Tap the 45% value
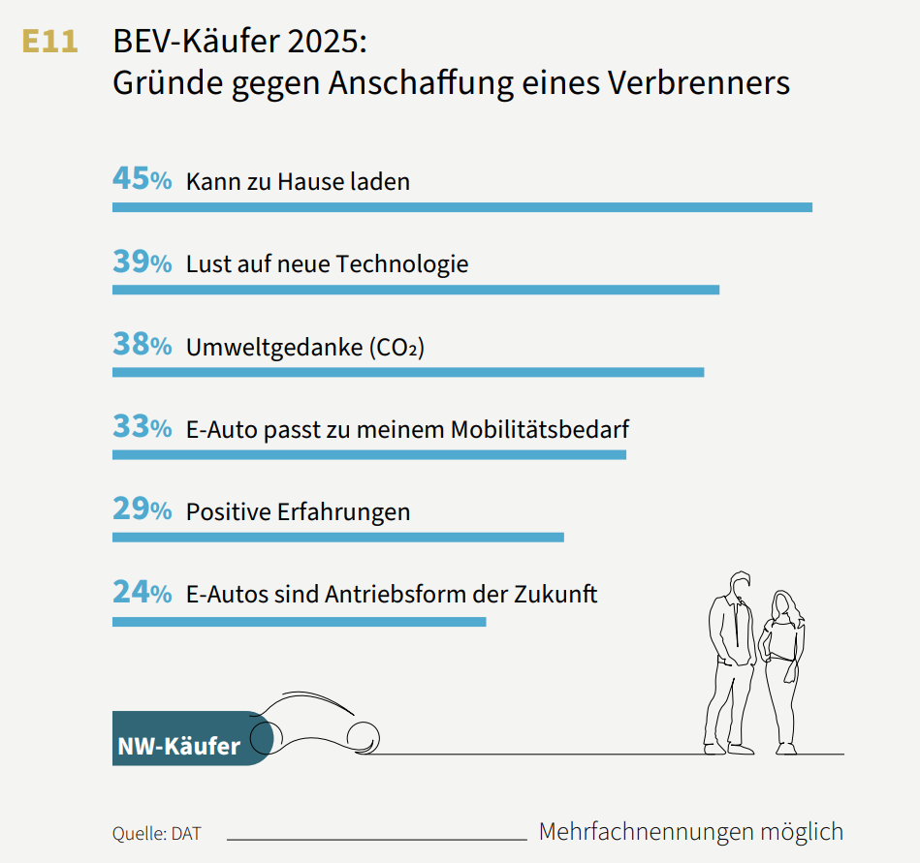(x=142, y=179)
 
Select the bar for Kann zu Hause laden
(x=461, y=207)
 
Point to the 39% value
(x=142, y=262)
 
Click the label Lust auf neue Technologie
(x=327, y=263)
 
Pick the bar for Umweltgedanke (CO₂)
(x=407, y=372)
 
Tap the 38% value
(x=142, y=345)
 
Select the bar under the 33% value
(x=368, y=454)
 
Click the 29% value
(x=142, y=509)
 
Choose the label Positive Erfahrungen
(x=298, y=511)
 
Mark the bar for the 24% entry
(x=299, y=620)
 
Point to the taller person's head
(x=741, y=584)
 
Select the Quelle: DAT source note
(x=156, y=833)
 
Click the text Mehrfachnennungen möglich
(x=690, y=831)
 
